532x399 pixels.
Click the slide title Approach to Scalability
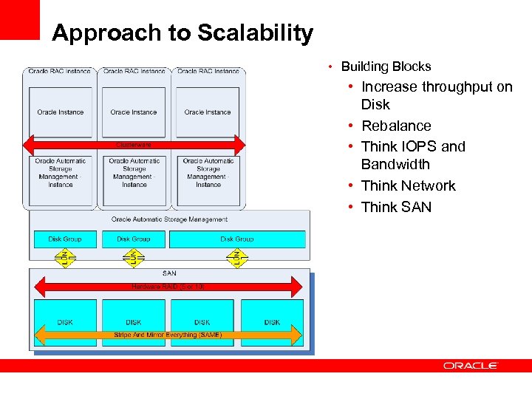[183, 33]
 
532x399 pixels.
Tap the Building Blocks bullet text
[386, 66]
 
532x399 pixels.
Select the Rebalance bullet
[396, 126]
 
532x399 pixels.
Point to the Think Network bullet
[408, 185]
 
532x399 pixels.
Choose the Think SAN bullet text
[396, 207]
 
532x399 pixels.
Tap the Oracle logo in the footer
[471, 366]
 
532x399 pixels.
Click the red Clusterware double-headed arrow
[134, 143]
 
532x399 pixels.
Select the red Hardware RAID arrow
[168, 286]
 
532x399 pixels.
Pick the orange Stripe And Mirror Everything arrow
[168, 335]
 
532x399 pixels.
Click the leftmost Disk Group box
[65, 239]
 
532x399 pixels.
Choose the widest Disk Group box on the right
[236, 239]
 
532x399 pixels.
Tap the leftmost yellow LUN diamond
[65, 258]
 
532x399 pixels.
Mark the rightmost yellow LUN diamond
[236, 258]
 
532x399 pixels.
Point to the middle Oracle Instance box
[134, 112]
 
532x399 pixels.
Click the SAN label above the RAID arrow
[168, 273]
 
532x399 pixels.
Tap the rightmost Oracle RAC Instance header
[208, 71]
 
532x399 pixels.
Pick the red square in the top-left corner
[19, 19]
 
